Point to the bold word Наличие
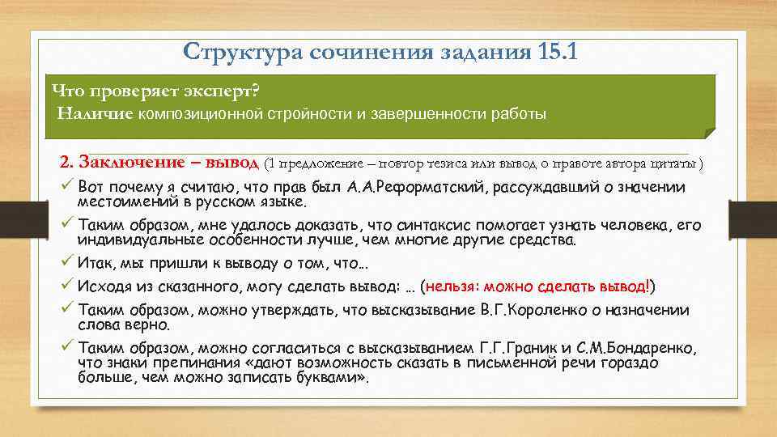tap(94, 113)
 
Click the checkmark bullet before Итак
tap(66, 263)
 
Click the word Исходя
tap(104, 286)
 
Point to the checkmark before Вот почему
tap(66, 187)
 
